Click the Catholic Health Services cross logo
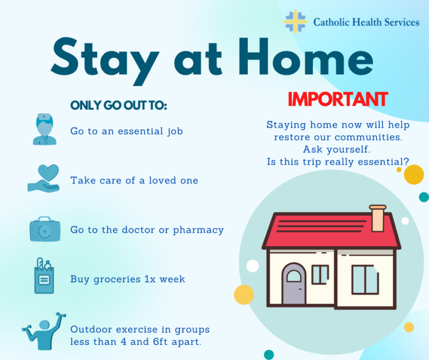[295, 22]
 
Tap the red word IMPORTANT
[338, 99]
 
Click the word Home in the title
[306, 57]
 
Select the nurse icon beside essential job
[45, 129]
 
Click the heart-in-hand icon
[44, 178]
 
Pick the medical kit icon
[45, 229]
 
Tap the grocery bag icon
[44, 275]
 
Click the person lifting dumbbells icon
[44, 331]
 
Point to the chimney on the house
[378, 218]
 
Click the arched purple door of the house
[294, 284]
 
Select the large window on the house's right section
[365, 280]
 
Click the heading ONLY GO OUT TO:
[119, 105]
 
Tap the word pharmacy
[198, 230]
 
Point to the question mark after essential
[406, 161]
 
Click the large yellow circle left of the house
[244, 295]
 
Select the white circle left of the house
[253, 266]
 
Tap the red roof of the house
[331, 231]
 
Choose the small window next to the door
[320, 275]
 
